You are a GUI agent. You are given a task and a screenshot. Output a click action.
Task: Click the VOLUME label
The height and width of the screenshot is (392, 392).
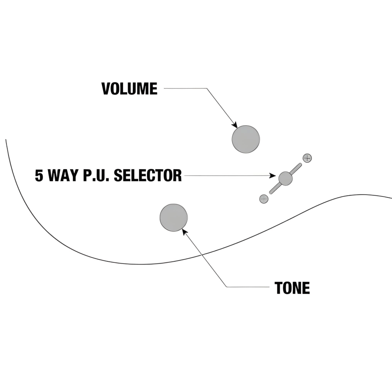point(129,89)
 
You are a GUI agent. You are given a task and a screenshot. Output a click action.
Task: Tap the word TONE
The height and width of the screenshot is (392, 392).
point(292,288)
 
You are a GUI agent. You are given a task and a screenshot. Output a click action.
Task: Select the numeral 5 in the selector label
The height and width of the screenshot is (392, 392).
point(38,176)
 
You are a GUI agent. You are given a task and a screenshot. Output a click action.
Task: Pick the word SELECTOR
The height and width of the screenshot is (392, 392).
point(147,176)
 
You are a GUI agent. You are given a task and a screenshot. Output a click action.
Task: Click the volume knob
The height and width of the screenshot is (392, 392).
point(246,139)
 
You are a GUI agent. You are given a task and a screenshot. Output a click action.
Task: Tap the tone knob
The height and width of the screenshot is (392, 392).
point(173,218)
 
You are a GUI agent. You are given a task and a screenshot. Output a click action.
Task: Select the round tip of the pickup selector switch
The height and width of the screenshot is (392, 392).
point(285,178)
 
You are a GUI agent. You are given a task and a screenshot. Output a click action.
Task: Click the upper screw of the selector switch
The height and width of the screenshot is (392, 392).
point(307,158)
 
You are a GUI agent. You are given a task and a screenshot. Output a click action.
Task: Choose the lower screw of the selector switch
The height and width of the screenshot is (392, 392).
point(264,199)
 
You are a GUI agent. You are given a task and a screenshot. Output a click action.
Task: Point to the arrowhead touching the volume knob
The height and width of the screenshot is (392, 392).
point(235,125)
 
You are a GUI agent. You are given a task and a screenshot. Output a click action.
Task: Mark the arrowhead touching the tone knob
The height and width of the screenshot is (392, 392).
point(184,231)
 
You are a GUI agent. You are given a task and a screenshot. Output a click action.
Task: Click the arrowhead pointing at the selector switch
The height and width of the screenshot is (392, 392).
point(273,176)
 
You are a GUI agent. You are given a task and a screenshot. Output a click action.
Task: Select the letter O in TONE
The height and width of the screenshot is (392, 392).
point(286,288)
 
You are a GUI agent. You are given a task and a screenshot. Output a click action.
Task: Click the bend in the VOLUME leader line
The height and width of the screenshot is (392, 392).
point(207,88)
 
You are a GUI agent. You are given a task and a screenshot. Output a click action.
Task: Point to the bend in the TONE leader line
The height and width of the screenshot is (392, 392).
point(226,287)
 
